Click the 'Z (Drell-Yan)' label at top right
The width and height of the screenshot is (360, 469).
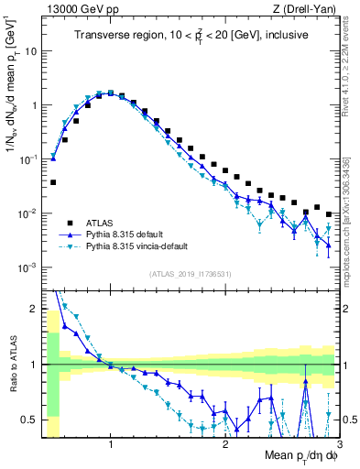(307, 10)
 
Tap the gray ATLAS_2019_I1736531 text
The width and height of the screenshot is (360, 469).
(190, 274)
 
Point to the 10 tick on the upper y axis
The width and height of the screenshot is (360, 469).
(31, 51)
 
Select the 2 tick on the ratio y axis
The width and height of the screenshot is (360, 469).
(35, 309)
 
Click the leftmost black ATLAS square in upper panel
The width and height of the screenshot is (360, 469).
(53, 182)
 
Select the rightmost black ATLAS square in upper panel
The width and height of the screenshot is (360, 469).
(329, 214)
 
